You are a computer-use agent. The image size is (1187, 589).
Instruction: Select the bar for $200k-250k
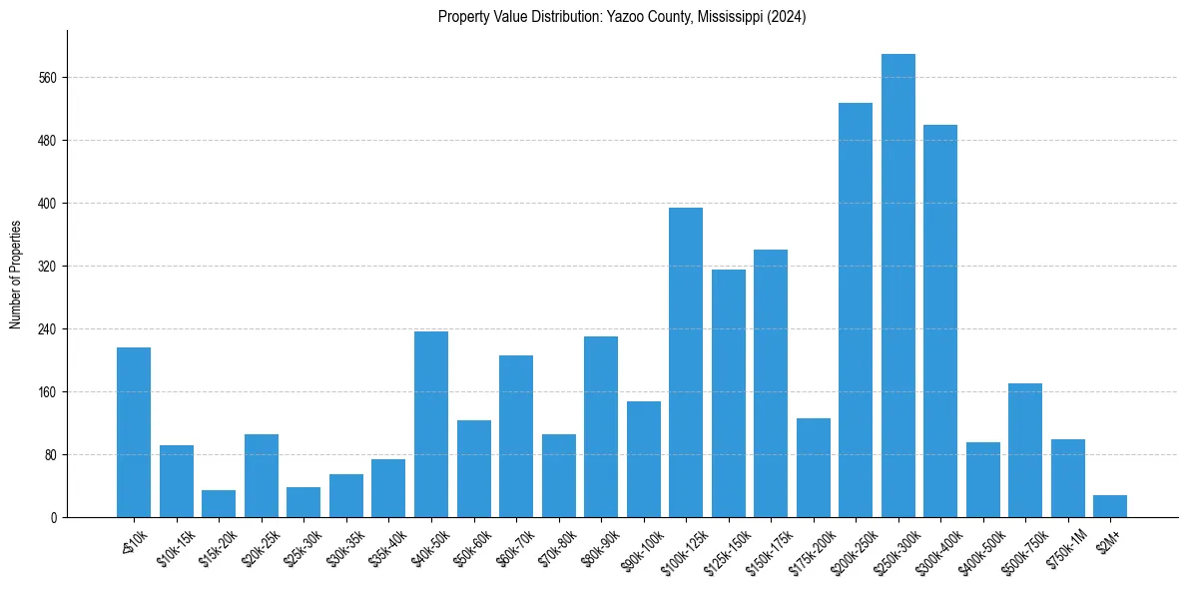(856, 309)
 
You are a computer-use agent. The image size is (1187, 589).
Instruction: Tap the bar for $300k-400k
(940, 320)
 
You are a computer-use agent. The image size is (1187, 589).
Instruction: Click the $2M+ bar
(1110, 506)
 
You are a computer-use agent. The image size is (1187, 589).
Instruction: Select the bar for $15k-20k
(219, 504)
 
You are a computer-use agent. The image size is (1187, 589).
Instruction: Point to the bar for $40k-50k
(431, 424)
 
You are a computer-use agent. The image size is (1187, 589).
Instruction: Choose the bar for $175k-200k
(814, 467)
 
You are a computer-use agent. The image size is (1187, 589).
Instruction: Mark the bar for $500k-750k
(1025, 450)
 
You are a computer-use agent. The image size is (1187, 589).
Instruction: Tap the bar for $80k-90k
(601, 426)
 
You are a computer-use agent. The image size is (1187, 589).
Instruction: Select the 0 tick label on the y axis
(56, 518)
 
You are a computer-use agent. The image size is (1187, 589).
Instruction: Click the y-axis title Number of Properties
(15, 274)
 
